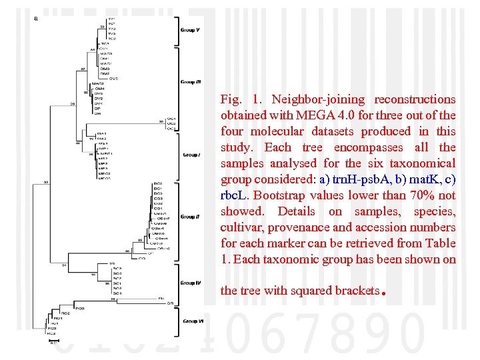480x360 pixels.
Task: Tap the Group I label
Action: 191,155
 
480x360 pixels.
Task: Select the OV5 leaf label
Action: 113,78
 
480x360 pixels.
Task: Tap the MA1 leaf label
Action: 101,133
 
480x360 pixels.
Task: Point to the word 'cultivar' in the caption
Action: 240,227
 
